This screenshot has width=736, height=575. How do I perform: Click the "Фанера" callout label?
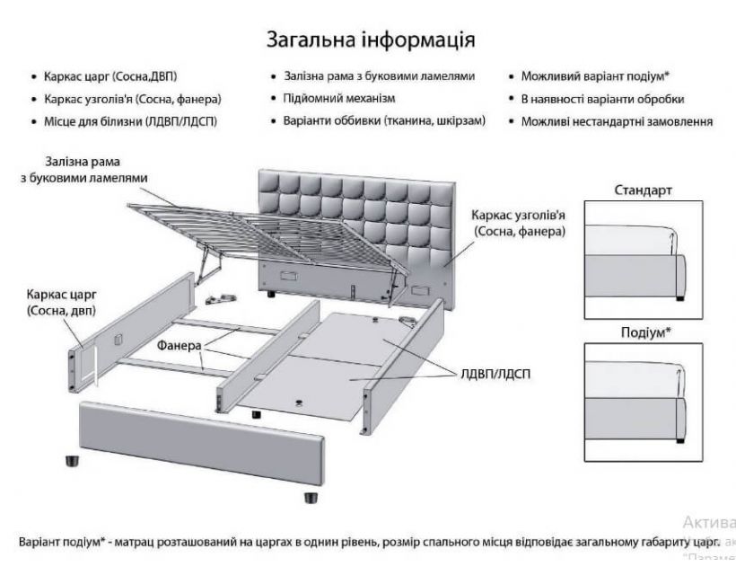pyautogui.click(x=175, y=345)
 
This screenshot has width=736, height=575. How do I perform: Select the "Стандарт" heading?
pyautogui.click(x=643, y=190)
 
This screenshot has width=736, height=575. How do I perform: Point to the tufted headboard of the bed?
pyautogui.click(x=359, y=216)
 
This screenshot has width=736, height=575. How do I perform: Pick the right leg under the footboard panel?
pyautogui.click(x=311, y=497)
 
